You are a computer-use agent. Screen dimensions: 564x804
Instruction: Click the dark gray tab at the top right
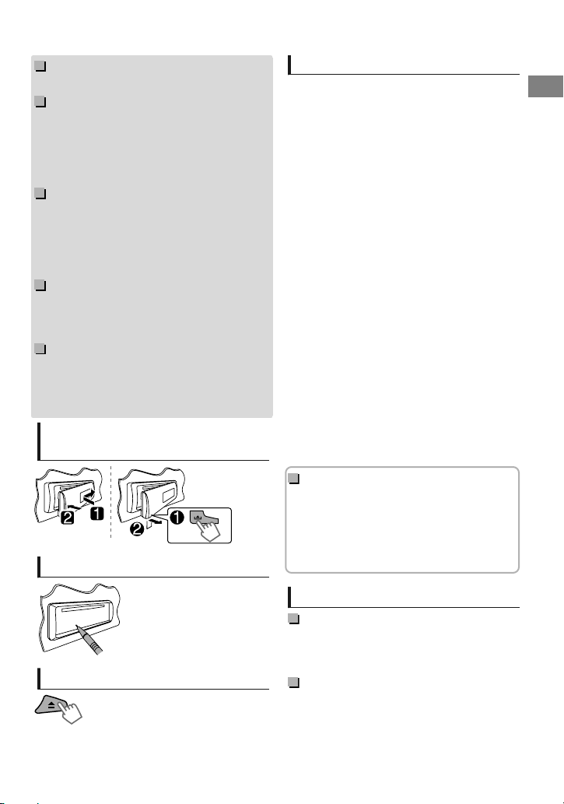pyautogui.click(x=545, y=86)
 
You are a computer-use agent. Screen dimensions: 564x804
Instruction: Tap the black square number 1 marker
pyautogui.click(x=97, y=513)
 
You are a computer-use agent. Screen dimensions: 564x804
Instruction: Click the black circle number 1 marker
pyautogui.click(x=177, y=518)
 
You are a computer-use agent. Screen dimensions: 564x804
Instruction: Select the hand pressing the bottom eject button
pyautogui.click(x=70, y=712)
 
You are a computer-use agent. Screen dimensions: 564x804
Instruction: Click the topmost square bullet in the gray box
pyautogui.click(x=40, y=66)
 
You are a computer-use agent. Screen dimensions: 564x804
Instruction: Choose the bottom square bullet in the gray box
pyautogui.click(x=40, y=349)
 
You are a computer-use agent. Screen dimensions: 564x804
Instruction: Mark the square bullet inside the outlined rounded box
pyautogui.click(x=294, y=479)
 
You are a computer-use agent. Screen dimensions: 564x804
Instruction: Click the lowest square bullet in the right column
pyautogui.click(x=294, y=683)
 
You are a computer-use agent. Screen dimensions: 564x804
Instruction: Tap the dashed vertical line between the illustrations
pyautogui.click(x=110, y=502)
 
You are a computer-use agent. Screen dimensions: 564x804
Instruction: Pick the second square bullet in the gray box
pyautogui.click(x=40, y=101)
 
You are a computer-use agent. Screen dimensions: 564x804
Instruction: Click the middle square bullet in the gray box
pyautogui.click(x=40, y=193)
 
